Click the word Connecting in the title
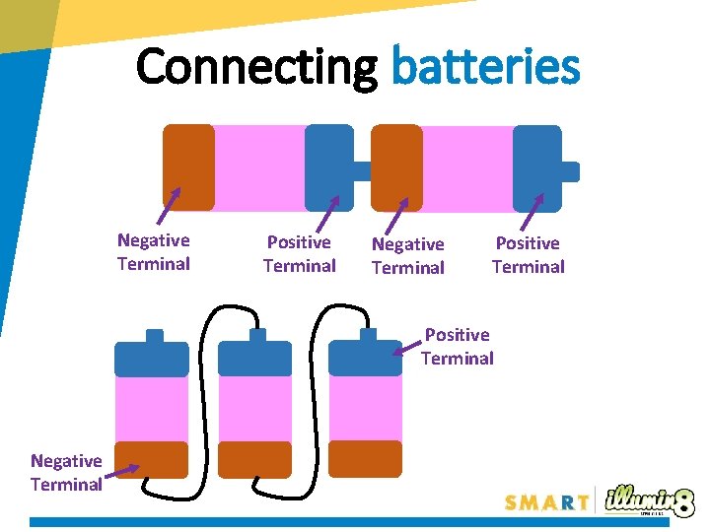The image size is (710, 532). pyautogui.click(x=256, y=67)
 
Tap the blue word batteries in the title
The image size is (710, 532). pyautogui.click(x=485, y=67)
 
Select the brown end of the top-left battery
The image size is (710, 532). pyautogui.click(x=188, y=166)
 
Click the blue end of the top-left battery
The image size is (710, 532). pyautogui.click(x=328, y=168)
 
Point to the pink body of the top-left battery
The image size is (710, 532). pyautogui.click(x=258, y=168)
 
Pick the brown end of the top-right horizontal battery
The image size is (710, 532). pyautogui.click(x=396, y=168)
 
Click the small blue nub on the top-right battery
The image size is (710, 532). pyautogui.click(x=570, y=171)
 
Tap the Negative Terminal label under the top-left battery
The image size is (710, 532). pyautogui.click(x=153, y=252)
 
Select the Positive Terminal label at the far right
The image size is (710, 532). pyautogui.click(x=528, y=254)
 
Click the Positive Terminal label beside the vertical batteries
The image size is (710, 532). pyautogui.click(x=457, y=347)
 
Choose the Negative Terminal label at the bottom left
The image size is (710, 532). pyautogui.click(x=66, y=473)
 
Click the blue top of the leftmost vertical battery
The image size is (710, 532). pyautogui.click(x=151, y=358)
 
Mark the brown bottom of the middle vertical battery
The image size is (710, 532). pyautogui.click(x=254, y=459)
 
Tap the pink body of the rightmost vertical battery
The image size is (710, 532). pyautogui.click(x=365, y=408)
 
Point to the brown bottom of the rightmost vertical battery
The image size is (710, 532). pyautogui.click(x=365, y=458)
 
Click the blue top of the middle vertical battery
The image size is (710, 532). pyautogui.click(x=254, y=358)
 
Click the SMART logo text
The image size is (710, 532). pyautogui.click(x=547, y=502)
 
